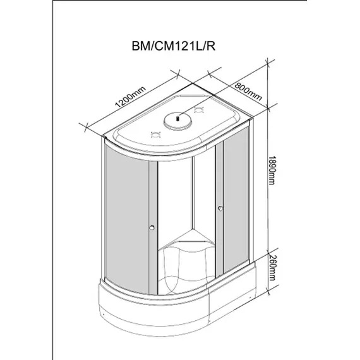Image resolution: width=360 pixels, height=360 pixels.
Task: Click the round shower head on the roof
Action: click(x=179, y=118)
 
